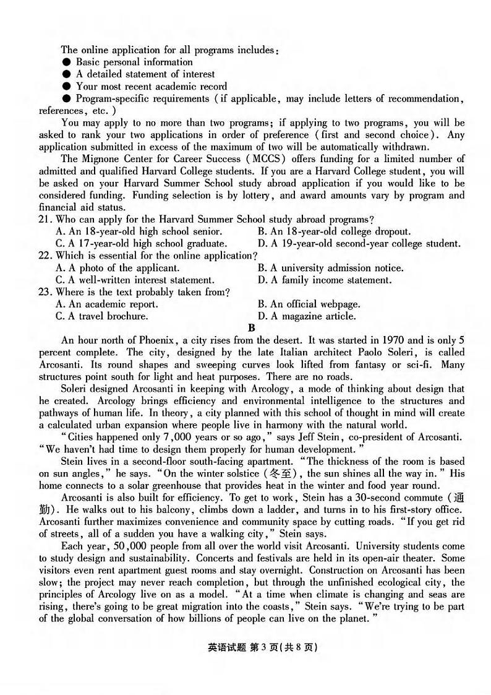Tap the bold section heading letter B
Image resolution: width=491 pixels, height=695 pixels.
pyautogui.click(x=251, y=328)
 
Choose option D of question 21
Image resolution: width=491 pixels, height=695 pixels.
pyautogui.click(x=359, y=244)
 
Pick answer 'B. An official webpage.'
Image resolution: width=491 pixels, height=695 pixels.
pyautogui.click(x=309, y=304)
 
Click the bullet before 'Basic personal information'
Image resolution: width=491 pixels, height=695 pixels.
pyautogui.click(x=66, y=62)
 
